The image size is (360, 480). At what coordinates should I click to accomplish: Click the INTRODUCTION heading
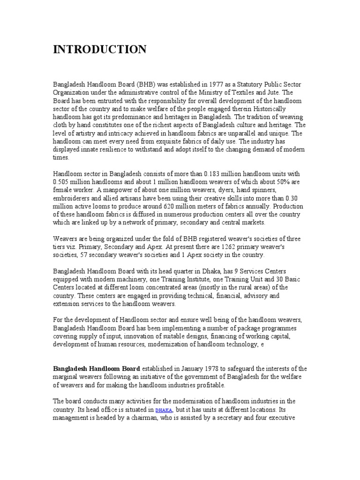pos(99,50)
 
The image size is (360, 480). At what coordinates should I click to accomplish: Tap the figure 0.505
pos(62,182)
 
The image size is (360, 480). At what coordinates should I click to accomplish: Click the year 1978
pos(207,368)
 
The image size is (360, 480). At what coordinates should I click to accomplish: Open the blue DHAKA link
pos(164,410)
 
